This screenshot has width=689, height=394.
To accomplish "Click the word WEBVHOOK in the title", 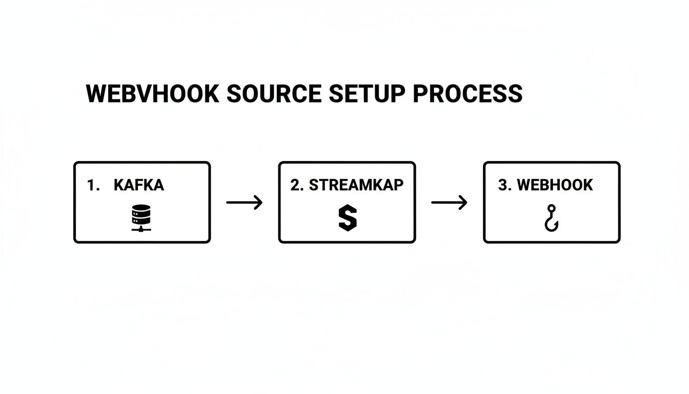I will [x=152, y=94].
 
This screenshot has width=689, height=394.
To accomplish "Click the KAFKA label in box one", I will [x=139, y=185].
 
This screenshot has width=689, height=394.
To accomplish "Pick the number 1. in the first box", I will [x=93, y=185].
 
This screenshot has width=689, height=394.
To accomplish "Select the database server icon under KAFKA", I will [x=141, y=218].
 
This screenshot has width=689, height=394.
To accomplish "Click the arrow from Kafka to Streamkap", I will [x=244, y=203].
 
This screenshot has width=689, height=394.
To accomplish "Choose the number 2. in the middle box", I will [x=297, y=185].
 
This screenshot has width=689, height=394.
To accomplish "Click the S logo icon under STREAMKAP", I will [x=347, y=218].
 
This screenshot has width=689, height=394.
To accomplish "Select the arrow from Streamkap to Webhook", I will [x=449, y=203].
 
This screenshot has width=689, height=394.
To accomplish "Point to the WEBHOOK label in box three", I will [x=555, y=185].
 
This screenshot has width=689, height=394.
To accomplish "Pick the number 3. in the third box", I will [x=505, y=185].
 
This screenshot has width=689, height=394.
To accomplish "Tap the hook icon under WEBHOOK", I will [x=552, y=218].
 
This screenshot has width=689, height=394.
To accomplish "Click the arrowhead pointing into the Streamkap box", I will [x=259, y=203].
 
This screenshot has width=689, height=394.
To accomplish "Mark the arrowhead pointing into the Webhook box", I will [x=464, y=203].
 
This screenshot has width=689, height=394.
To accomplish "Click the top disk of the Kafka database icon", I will [x=141, y=209].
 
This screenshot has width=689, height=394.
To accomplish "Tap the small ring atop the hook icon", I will [x=552, y=208].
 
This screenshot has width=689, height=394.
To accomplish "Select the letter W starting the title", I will [x=96, y=94].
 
